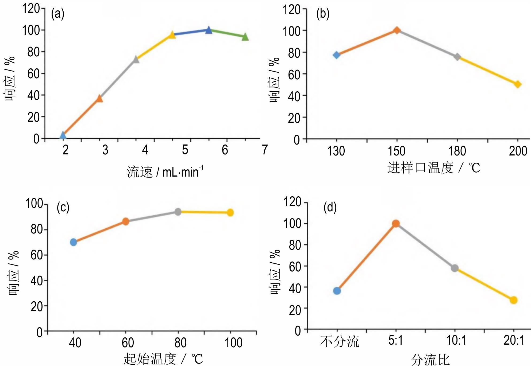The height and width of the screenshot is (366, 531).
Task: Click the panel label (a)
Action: click(58, 14)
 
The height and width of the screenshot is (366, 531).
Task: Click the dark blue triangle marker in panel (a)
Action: click(209, 30)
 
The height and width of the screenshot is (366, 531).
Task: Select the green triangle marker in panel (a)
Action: click(245, 37)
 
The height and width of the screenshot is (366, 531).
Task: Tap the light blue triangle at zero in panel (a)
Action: click(63, 135)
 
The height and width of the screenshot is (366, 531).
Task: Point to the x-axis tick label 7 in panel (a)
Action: click(264, 150)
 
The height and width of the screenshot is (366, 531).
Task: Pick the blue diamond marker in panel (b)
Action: click(336, 55)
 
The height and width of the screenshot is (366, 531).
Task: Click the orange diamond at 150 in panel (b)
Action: click(397, 30)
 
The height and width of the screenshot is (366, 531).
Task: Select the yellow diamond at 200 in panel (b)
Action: click(518, 84)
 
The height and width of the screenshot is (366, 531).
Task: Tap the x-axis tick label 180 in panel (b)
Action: click(457, 151)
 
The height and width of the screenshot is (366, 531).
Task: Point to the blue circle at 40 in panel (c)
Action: click(73, 242)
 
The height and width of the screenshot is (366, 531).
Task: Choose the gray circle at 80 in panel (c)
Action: click(178, 212)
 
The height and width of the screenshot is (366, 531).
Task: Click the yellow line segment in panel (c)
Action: click(204, 212)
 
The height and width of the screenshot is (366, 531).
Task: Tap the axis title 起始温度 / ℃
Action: click(163, 359)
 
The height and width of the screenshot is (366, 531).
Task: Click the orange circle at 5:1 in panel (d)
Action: click(396, 224)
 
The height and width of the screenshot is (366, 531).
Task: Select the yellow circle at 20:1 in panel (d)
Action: click(513, 300)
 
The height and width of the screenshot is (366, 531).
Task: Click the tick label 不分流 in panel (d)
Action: click(340, 342)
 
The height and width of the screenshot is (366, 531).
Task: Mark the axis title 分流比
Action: click(430, 360)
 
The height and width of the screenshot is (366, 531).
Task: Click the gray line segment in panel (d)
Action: click(425, 246)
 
